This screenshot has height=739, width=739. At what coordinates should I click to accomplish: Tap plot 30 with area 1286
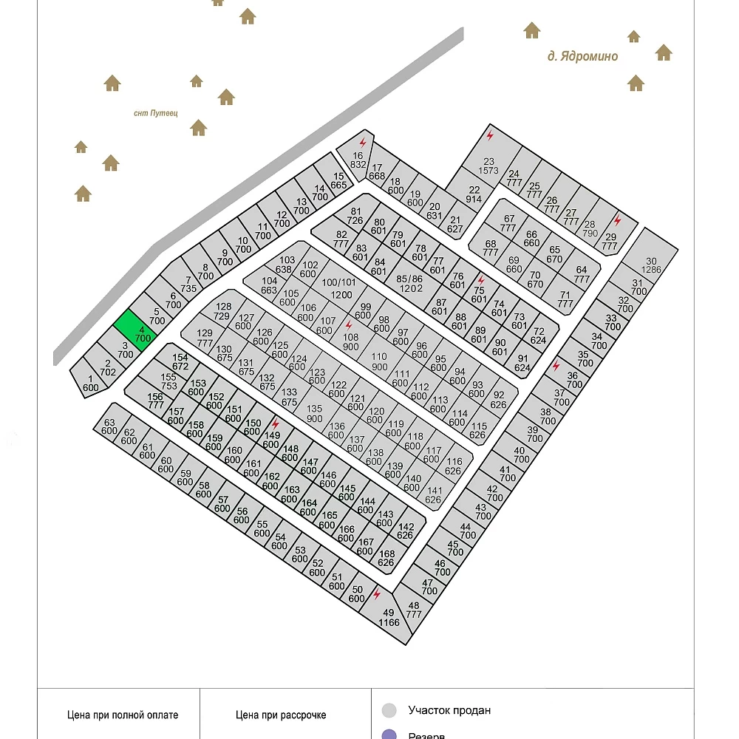pyautogui.click(x=650, y=265)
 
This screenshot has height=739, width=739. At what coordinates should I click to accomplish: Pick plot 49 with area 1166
pyautogui.click(x=389, y=617)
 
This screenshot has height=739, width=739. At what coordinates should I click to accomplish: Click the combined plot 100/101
pyautogui.click(x=339, y=287)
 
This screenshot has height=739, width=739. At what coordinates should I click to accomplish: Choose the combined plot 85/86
pyautogui.click(x=409, y=283)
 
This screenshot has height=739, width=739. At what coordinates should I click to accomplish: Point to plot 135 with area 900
pyautogui.click(x=315, y=413)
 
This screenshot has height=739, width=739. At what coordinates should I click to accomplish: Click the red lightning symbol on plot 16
pyautogui.click(x=363, y=141)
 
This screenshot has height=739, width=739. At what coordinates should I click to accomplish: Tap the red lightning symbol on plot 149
pyautogui.click(x=276, y=425)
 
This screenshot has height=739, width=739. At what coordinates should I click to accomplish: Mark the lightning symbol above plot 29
pyautogui.click(x=618, y=220)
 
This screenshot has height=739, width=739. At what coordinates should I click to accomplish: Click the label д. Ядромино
pyautogui.click(x=582, y=56)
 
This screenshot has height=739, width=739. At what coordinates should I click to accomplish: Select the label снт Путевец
pyautogui.click(x=157, y=113)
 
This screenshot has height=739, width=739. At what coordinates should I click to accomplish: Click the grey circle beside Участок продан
pyautogui.click(x=389, y=711)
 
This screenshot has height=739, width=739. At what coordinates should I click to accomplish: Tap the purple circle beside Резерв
pyautogui.click(x=389, y=735)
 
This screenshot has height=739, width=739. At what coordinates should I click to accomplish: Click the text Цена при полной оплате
pyautogui.click(x=123, y=715)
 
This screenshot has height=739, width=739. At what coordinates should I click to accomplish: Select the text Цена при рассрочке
pyautogui.click(x=281, y=715)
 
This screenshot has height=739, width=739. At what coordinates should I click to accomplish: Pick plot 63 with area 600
pyautogui.click(x=110, y=426)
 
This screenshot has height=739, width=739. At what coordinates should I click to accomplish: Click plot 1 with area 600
pyautogui.click(x=90, y=382)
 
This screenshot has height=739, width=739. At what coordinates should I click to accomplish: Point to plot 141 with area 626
pyautogui.click(x=434, y=494)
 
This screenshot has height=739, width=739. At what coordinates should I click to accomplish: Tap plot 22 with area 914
pyautogui.click(x=474, y=194)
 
